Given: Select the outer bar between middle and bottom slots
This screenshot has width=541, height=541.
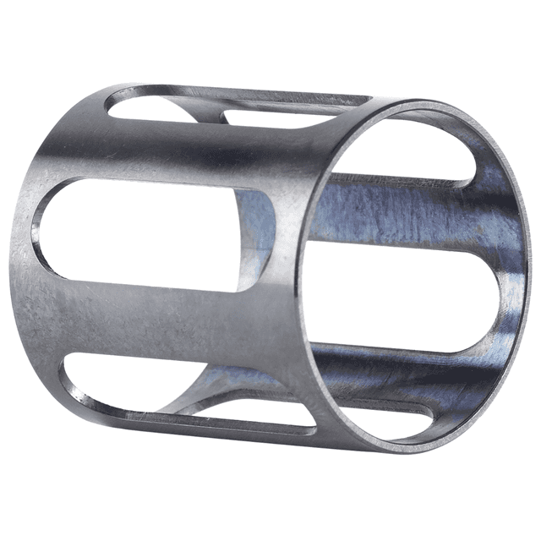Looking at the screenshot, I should click(169, 325).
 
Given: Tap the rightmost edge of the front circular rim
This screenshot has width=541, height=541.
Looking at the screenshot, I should click(531, 254).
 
